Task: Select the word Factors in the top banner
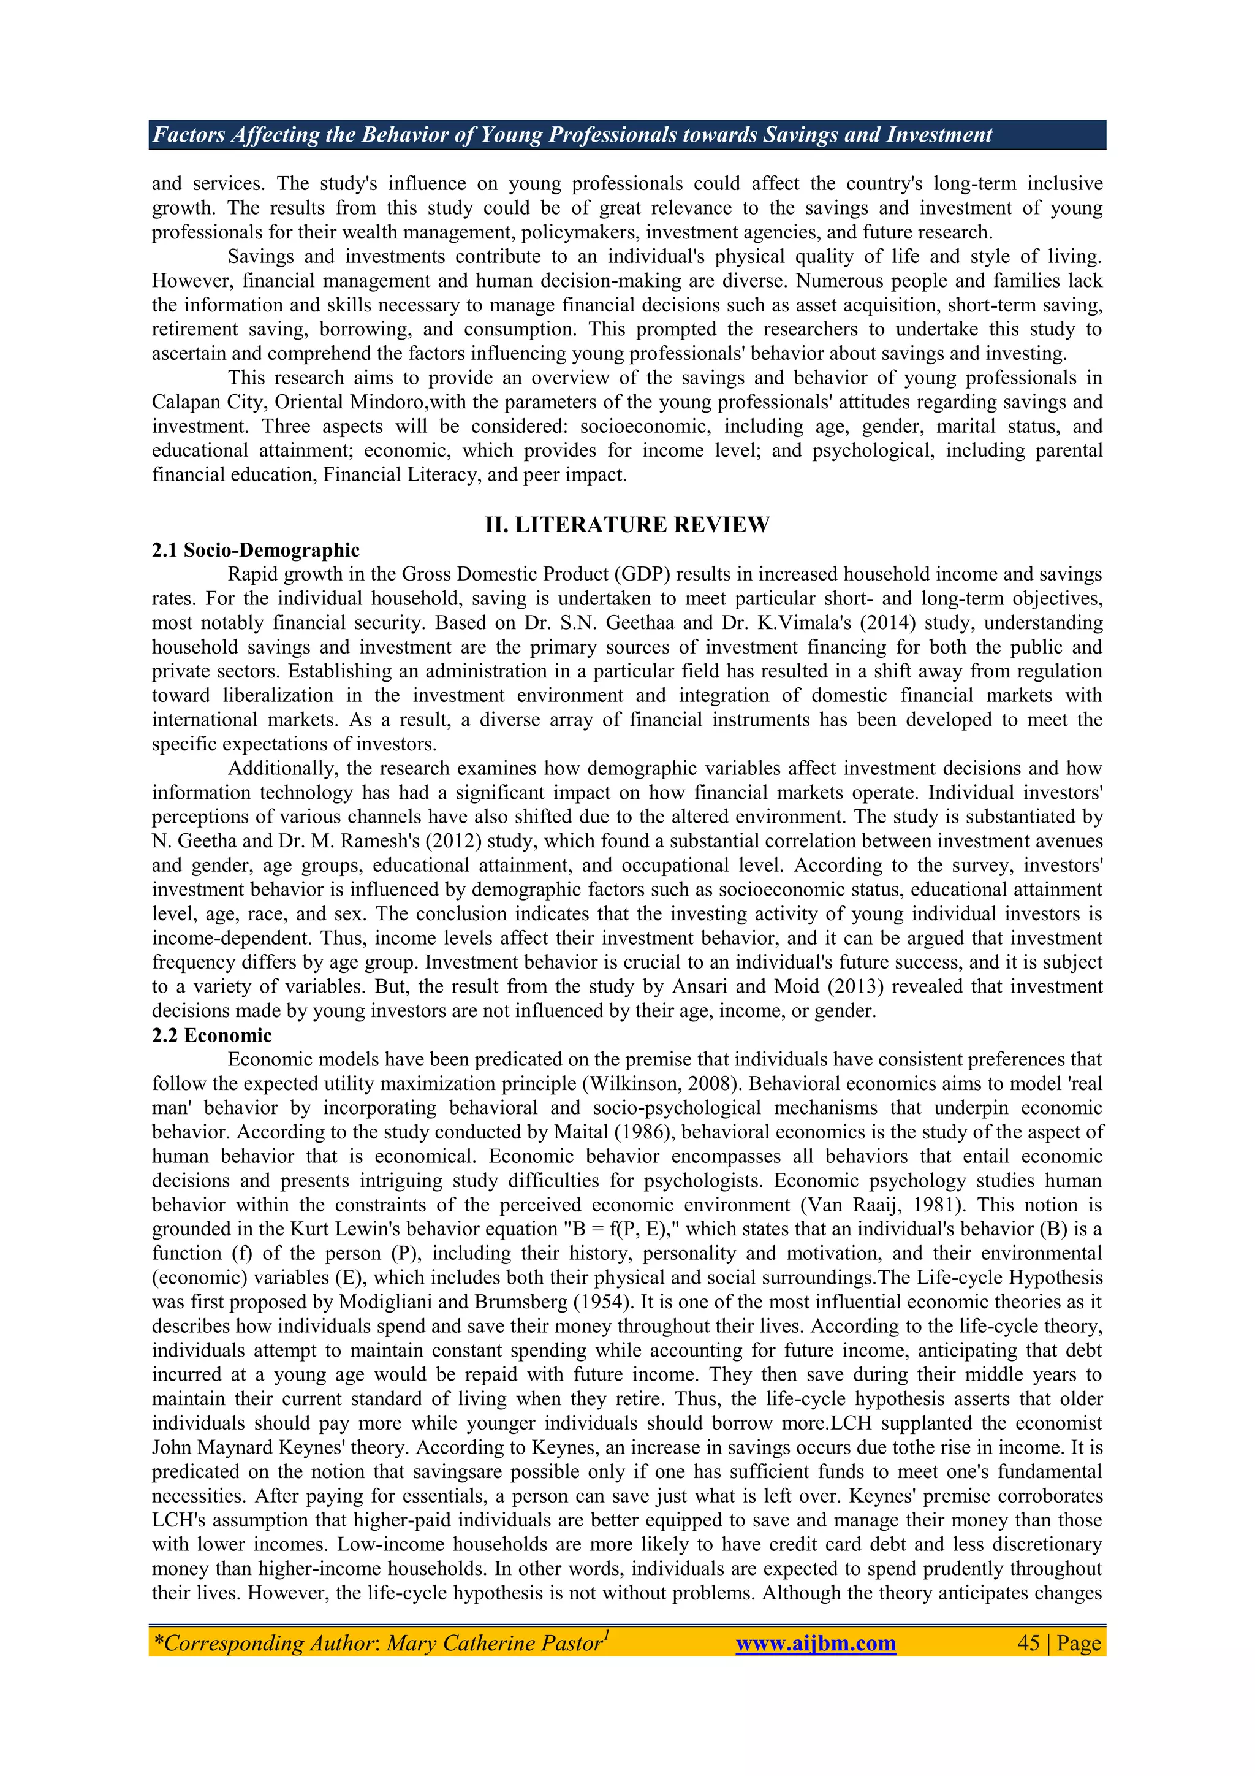pos(184,135)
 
